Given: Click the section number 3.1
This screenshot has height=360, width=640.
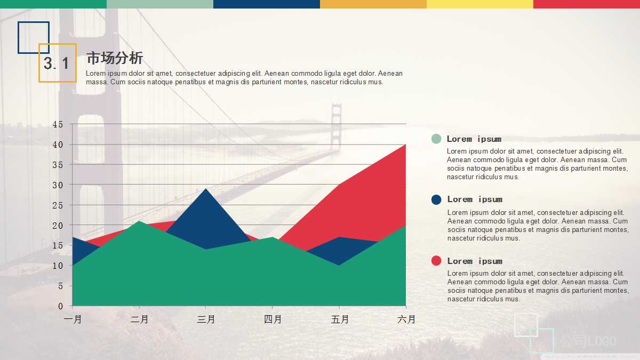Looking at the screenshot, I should coord(57,64).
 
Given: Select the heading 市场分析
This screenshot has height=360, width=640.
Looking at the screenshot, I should coord(115,58).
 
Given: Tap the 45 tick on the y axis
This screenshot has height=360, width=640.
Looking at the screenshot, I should coord(58,124).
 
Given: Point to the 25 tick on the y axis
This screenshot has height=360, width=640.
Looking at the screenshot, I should coord(58,205).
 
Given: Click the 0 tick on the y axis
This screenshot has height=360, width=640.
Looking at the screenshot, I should coord(61,306).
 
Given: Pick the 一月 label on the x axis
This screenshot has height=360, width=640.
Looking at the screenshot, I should coord(73,319).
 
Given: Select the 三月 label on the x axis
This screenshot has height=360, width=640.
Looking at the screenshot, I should coord(206,319).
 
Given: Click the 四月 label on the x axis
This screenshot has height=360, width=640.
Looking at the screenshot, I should coord(273,319).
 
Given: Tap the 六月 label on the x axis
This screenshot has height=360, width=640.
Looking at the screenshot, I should coord(406,319).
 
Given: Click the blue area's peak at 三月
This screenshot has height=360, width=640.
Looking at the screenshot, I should coord(206,189).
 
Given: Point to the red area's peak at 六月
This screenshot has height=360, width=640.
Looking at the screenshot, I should coord(406,145).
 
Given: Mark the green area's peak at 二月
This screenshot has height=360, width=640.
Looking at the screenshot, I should coord(139,221).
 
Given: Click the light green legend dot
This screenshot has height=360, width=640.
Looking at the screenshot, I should coord(436,139).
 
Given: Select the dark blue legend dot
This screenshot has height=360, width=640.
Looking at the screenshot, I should coord(436,199).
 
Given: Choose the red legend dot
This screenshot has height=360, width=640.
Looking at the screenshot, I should coord(436,261).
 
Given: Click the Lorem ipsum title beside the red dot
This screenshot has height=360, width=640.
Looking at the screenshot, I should coord(475,261).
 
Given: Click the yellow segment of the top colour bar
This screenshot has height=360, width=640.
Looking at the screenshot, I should coord(480,4).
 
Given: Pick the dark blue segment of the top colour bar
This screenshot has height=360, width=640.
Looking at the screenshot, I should coord(267,4).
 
